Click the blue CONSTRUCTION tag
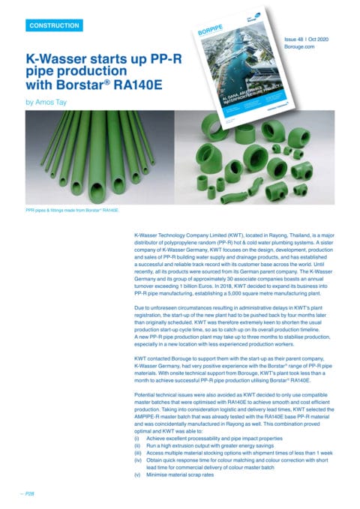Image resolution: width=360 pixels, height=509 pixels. pyautogui.click(x=54, y=26)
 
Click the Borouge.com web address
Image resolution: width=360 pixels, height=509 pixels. pyautogui.click(x=301, y=45)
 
